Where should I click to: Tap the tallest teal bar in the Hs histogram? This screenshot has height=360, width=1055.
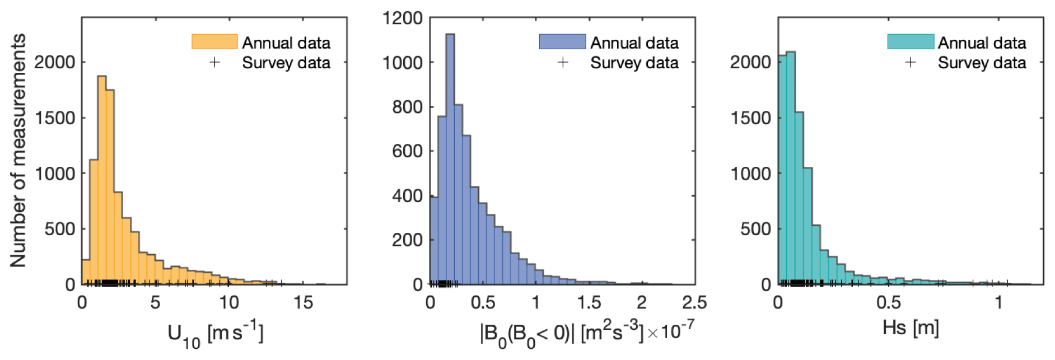(791, 168)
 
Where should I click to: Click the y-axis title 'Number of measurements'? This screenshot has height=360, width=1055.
(18, 150)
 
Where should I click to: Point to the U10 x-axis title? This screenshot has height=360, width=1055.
(215, 334)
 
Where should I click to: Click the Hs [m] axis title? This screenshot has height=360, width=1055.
(910, 328)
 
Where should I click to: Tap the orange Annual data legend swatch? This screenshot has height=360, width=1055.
(214, 42)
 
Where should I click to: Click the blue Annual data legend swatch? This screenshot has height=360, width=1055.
(562, 42)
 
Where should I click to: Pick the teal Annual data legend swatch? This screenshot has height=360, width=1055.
(911, 42)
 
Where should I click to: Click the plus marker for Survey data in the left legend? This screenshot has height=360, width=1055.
(214, 62)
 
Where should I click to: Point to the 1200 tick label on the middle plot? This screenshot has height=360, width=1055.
(402, 18)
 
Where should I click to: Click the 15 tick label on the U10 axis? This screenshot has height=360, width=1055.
(303, 303)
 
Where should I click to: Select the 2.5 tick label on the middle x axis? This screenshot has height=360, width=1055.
(694, 303)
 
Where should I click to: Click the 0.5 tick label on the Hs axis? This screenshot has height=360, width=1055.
(889, 303)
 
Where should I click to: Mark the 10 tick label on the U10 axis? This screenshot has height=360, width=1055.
(229, 303)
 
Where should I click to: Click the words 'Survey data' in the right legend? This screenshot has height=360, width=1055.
(982, 63)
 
